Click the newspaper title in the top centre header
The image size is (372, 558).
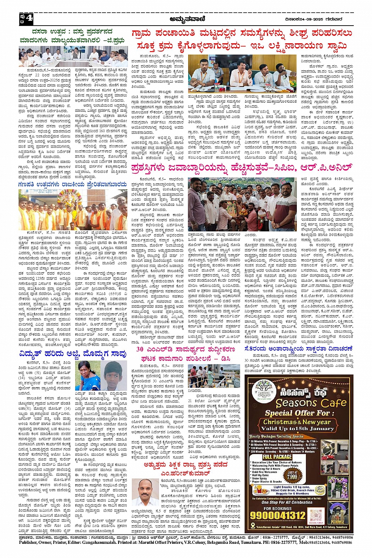coord(186,18)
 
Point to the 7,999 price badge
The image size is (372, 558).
coord(292,475)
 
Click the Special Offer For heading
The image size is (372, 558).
coord(297,413)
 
